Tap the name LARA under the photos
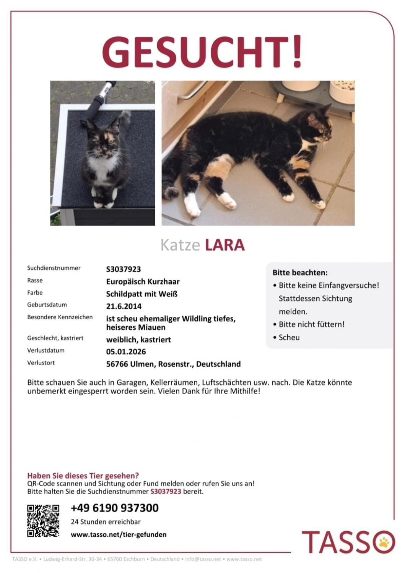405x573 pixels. (x=224, y=245)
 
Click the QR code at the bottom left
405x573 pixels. (x=43, y=520)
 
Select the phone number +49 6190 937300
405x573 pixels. (x=114, y=508)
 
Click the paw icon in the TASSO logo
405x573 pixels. (x=384, y=541)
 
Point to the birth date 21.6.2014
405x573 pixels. (x=124, y=306)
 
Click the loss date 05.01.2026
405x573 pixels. (x=126, y=351)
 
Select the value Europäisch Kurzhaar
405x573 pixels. (x=143, y=282)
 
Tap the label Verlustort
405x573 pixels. (x=41, y=363)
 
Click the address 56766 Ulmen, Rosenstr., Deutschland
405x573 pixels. (x=173, y=364)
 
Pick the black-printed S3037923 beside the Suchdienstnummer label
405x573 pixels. (x=123, y=269)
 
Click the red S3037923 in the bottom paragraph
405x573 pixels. (x=166, y=491)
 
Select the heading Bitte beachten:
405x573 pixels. (x=300, y=273)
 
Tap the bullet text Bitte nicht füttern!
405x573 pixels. (x=311, y=324)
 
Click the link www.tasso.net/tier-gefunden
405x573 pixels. (x=119, y=534)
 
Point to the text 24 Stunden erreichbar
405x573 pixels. (x=106, y=521)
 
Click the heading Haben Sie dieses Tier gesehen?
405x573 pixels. (x=83, y=476)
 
